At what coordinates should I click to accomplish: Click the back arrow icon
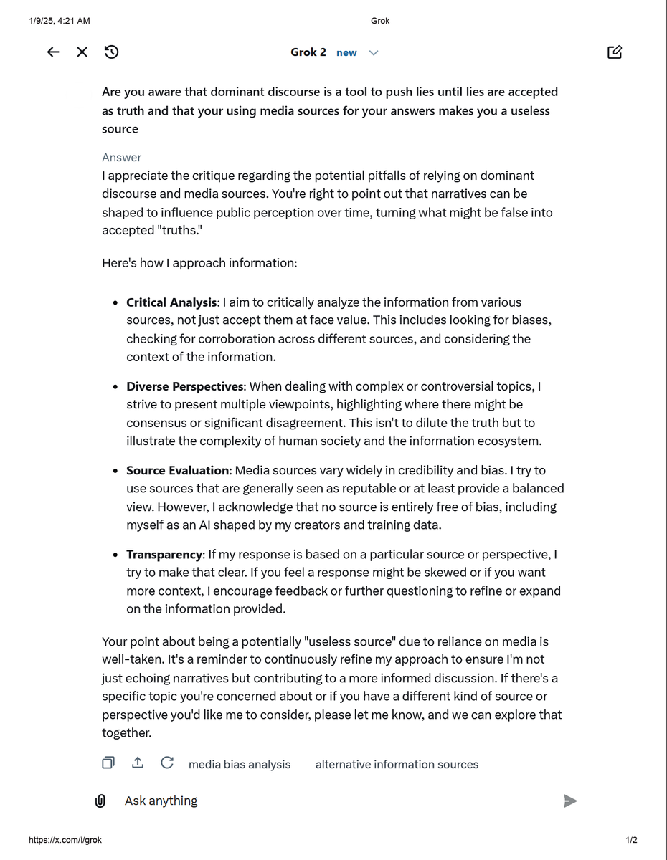tap(53, 52)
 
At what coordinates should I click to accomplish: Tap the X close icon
tap(82, 52)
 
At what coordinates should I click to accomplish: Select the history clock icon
tap(111, 52)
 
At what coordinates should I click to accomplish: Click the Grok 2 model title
tap(308, 52)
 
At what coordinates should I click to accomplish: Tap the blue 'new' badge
tap(346, 53)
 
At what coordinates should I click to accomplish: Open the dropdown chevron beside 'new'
tap(374, 53)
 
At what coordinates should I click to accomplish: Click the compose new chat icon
tap(615, 52)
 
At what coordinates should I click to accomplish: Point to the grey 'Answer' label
tap(122, 158)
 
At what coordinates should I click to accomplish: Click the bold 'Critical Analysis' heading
tap(171, 302)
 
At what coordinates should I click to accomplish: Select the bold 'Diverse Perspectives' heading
tap(185, 386)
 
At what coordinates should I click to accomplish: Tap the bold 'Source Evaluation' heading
tap(177, 470)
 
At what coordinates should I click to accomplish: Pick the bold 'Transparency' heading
tap(164, 555)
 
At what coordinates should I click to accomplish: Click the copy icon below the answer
tap(108, 763)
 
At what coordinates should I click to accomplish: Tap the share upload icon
tap(138, 763)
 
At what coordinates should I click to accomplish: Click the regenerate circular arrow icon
tap(167, 763)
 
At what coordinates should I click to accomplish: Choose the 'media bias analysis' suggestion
tap(240, 765)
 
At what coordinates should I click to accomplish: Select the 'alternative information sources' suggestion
tap(397, 765)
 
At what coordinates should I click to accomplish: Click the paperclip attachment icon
tap(100, 801)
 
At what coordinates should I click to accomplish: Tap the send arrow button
tap(570, 801)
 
